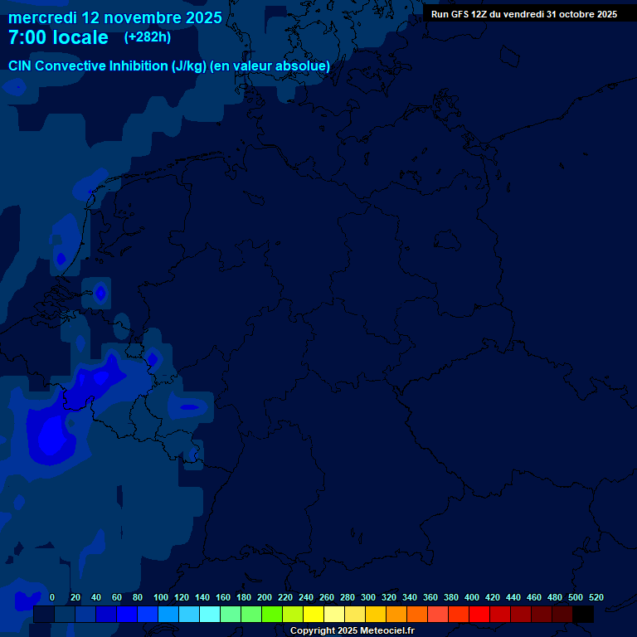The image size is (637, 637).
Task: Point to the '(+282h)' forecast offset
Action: coord(147,37)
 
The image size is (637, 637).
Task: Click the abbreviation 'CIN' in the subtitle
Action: coord(21,66)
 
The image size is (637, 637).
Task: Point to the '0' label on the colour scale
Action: coord(52,597)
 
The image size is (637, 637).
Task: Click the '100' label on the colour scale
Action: coord(161,597)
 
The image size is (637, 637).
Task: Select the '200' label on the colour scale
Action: coord(265,597)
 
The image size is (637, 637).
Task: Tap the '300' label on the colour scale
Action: coord(368,597)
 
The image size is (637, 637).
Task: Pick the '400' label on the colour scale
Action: coord(472,597)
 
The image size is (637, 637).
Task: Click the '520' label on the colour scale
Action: coord(596,597)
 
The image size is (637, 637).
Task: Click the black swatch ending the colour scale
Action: coord(583,615)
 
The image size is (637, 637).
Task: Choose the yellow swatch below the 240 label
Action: coord(314,615)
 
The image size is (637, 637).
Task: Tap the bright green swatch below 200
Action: coord(272,615)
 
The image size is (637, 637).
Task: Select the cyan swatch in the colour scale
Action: coord(210,615)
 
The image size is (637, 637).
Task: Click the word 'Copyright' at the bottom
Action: coord(313,631)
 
